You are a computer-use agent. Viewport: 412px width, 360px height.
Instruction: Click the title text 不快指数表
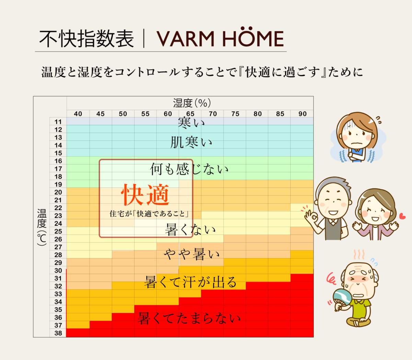pos(86,38)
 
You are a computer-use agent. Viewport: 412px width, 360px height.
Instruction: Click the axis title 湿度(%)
pos(192,103)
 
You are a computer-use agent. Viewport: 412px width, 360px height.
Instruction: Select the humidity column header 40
pos(78,114)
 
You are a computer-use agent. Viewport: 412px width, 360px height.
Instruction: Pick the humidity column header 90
pos(302,114)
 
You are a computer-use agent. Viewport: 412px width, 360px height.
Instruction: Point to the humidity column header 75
pos(235,114)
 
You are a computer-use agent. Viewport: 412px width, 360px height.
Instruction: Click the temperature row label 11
pos(58,122)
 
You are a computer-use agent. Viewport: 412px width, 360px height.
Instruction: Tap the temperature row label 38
pos(58,333)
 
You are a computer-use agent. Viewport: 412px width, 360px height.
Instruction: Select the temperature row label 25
pos(58,231)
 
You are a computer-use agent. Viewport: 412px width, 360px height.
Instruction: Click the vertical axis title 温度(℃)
pos(42,227)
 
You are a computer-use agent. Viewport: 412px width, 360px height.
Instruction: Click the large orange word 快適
pos(146,195)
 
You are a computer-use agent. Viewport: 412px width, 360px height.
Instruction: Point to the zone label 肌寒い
pos(191,142)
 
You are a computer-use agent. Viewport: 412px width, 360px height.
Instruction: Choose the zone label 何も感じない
pos(189,169)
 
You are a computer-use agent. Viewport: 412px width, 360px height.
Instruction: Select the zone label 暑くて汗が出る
pos(191,282)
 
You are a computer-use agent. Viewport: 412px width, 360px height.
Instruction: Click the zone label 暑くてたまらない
pos(189,318)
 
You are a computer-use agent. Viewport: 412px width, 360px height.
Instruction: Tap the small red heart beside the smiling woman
pos(402,217)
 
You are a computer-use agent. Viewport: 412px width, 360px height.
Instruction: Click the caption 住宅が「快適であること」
pos(149,214)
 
